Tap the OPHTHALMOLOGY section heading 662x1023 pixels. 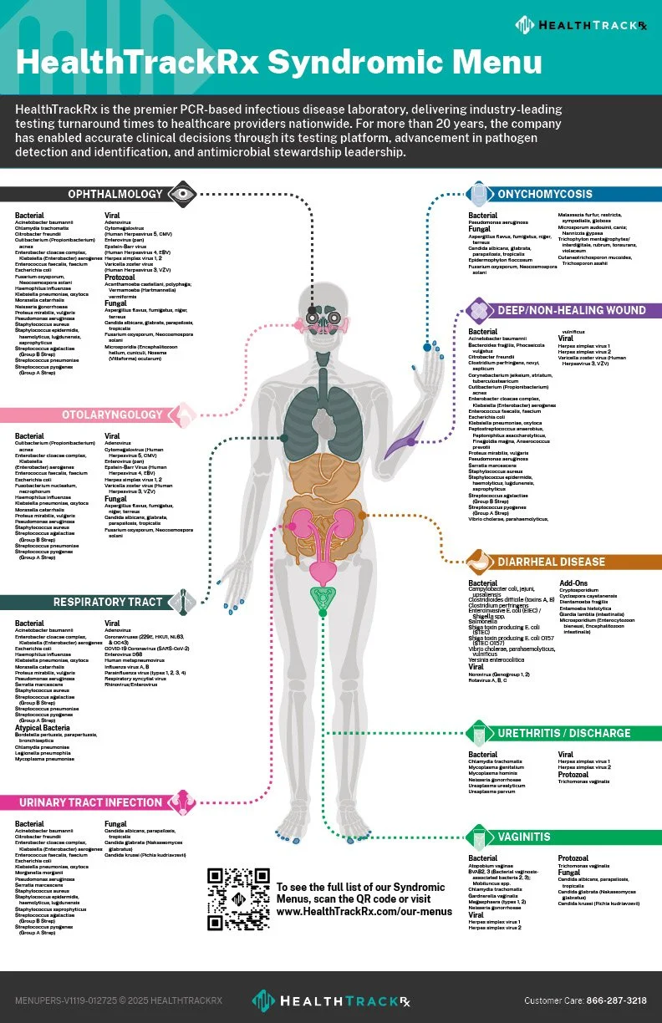click(116, 194)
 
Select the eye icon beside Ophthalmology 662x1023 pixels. click(181, 194)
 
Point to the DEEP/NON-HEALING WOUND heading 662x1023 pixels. click(571, 310)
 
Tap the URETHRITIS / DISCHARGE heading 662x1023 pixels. click(564, 733)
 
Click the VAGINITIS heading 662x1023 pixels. click(524, 837)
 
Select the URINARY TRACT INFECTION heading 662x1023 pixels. click(90, 802)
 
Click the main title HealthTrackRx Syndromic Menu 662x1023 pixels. click(278, 63)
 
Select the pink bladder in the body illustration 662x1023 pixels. click(322, 572)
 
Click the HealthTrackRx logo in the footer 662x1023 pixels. click(331, 1000)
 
